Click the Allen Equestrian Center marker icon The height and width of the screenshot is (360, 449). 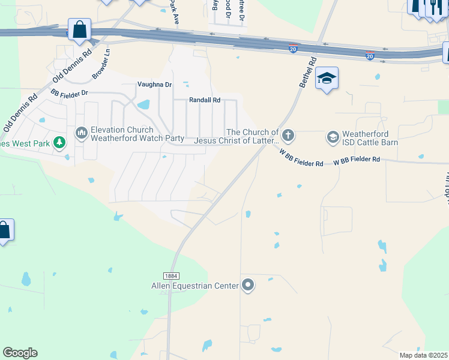tap(248, 286)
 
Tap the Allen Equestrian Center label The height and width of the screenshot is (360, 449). tap(194, 286)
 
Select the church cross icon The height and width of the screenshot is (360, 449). tap(288, 135)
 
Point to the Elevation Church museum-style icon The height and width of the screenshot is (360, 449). tap(81, 132)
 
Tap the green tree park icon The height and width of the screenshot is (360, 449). tap(59, 143)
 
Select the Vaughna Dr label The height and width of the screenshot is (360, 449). tap(154, 85)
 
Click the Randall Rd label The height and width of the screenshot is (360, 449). tap(205, 100)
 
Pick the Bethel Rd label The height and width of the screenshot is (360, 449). tap(307, 73)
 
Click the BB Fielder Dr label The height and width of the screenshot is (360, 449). tap(69, 93)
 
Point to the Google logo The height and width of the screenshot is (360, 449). tap(20, 353)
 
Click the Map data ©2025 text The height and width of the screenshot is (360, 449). tap(423, 355)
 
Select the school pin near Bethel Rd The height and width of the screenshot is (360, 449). tap(327, 79)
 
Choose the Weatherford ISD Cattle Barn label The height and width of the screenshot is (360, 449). tap(370, 137)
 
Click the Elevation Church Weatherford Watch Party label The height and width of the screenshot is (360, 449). tap(137, 134)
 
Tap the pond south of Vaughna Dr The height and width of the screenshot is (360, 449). tap(143, 105)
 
